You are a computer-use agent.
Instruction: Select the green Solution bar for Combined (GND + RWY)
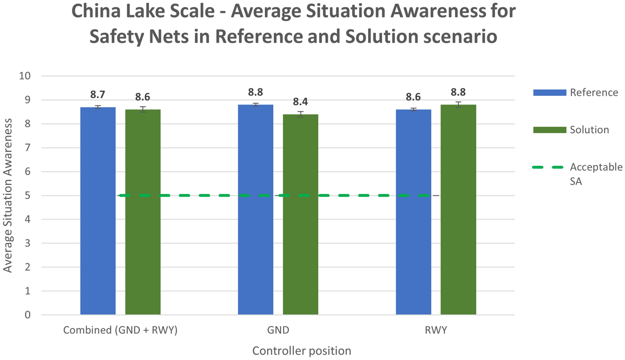tap(143, 212)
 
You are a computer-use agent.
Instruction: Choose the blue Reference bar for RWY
tap(413, 212)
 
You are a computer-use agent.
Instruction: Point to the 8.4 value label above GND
tap(300, 102)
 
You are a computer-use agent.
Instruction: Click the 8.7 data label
tap(98, 95)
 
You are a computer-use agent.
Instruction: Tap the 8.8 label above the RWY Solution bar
tap(458, 92)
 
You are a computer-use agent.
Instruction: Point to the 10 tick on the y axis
tap(25, 76)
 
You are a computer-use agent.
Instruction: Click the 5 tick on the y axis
tap(27, 195)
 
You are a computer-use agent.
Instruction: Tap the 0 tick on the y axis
tap(27, 315)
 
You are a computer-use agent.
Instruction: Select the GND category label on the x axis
tap(278, 330)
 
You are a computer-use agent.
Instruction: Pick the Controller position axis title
tap(301, 351)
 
